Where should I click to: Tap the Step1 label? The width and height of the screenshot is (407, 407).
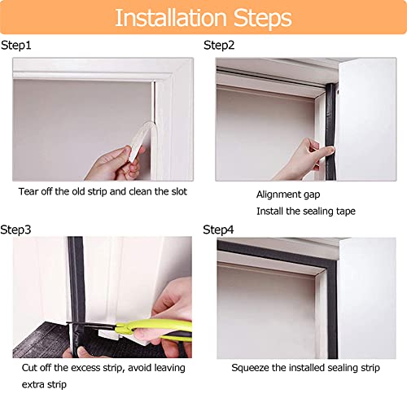pyautogui.click(x=16, y=46)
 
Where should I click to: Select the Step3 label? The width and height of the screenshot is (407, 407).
pyautogui.click(x=16, y=230)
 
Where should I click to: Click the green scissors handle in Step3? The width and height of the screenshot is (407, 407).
pyautogui.click(x=167, y=330)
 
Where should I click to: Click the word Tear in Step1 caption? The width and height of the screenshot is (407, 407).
pyautogui.click(x=29, y=193)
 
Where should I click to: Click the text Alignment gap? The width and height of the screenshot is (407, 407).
pyautogui.click(x=288, y=195)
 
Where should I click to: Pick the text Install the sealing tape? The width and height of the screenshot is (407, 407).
pyautogui.click(x=305, y=212)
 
